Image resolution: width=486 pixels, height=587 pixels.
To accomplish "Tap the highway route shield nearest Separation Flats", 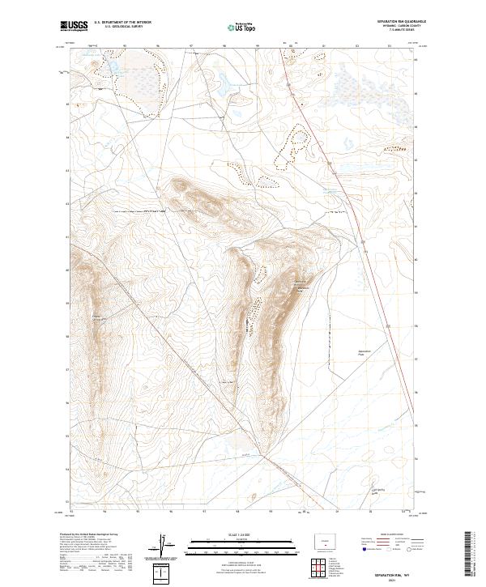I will pos(390,325).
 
